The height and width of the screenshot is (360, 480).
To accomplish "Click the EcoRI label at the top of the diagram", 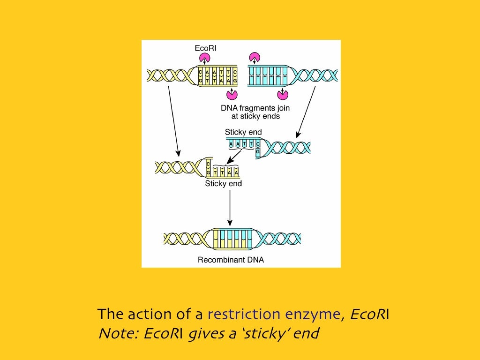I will click(x=205, y=48).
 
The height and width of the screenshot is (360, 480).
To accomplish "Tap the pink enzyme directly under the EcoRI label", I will click(x=205, y=58).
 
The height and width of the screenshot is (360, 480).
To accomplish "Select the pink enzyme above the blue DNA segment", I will click(x=255, y=58).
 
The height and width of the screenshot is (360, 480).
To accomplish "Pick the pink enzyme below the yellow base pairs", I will click(x=232, y=95).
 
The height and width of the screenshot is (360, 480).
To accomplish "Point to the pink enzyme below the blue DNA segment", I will click(x=282, y=95).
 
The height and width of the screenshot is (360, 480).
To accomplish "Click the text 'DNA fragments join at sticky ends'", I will click(x=255, y=112).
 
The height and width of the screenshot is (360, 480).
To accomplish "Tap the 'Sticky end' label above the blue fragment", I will click(x=243, y=132).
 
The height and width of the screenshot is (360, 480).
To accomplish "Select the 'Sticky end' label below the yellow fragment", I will click(x=224, y=184).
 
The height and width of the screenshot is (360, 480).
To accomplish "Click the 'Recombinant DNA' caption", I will click(x=231, y=260).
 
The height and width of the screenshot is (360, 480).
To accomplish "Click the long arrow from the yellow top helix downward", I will click(x=173, y=120).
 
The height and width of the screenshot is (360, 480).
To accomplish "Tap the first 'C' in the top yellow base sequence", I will click(x=201, y=72).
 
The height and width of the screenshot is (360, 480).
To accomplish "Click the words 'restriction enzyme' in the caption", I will click(x=274, y=314).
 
